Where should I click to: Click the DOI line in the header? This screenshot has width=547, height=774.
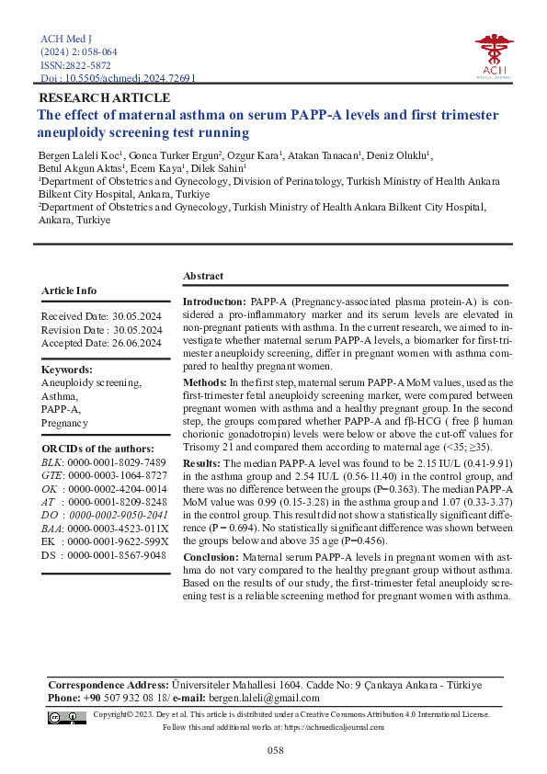click(x=119, y=79)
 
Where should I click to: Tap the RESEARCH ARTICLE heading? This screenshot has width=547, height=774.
click(x=103, y=97)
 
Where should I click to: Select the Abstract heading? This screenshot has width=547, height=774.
click(x=202, y=276)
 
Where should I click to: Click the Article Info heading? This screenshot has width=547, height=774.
click(x=69, y=290)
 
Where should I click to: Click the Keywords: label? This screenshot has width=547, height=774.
click(x=67, y=370)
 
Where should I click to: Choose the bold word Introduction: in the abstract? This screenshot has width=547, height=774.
click(x=214, y=302)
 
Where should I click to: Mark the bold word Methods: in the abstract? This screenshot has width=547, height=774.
click(x=204, y=381)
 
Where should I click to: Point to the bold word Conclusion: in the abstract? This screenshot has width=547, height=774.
click(x=211, y=557)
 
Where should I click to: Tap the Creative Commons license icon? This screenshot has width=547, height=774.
click(x=61, y=717)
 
